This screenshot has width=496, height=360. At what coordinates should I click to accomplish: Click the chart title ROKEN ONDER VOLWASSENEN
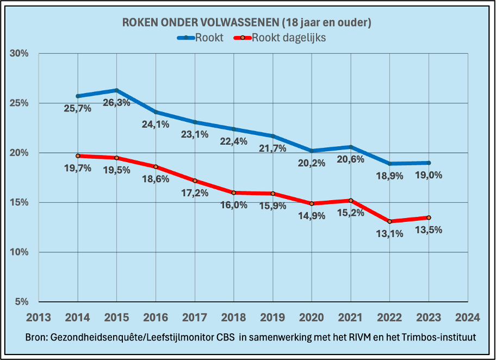tap(246, 23)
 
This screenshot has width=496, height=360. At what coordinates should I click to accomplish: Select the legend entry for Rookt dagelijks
tap(280, 38)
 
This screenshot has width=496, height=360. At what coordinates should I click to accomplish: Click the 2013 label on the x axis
tap(39, 317)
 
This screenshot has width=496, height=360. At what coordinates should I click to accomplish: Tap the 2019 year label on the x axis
tap(272, 317)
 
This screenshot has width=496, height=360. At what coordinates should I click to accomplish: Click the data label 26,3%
tap(116, 103)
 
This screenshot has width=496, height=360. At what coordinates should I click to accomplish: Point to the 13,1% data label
tap(389, 234)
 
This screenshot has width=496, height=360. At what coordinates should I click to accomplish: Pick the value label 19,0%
tap(429, 175)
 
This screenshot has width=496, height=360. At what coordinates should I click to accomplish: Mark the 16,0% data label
tap(234, 205)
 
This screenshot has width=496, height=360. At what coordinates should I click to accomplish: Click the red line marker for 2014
tap(78, 156)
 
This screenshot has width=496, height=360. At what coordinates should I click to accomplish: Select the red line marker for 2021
tap(351, 200)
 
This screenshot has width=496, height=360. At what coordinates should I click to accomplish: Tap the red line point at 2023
tap(429, 218)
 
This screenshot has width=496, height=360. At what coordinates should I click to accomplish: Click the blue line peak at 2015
tap(117, 90)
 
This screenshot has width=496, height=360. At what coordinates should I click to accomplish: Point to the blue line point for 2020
tap(312, 151)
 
